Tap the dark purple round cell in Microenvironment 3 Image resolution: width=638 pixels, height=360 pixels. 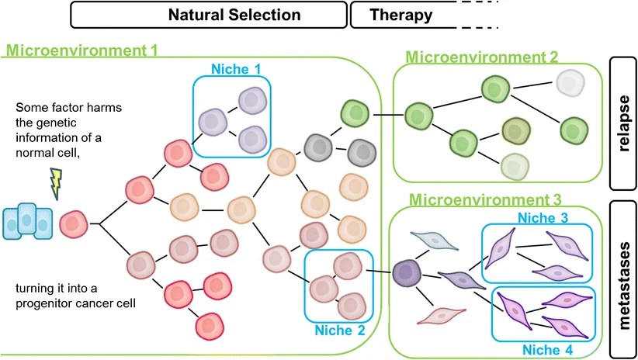point(407,272)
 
